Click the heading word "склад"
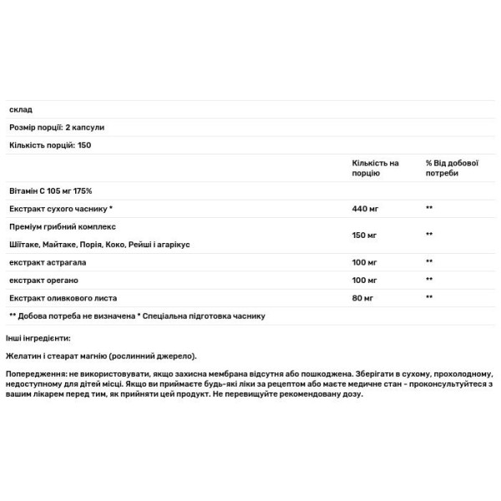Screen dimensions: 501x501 pos(20,110)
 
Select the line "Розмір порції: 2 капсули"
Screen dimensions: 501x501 pos(57,127)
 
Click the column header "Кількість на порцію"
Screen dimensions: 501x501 pos(376,168)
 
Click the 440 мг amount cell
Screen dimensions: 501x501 pos(365,208)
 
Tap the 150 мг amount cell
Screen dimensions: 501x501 pos(365,235)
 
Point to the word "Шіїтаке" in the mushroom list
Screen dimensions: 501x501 pos(26,244)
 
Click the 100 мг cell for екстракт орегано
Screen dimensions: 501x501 pos(365,280)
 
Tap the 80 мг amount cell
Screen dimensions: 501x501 pos(363,297)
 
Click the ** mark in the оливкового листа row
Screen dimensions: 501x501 pos(429,297)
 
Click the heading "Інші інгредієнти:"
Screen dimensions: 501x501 pos(38,337)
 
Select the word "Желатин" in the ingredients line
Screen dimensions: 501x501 pos(24,356)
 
